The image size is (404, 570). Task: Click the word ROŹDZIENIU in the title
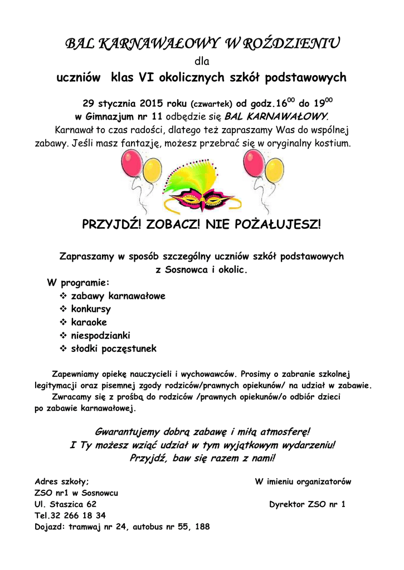pyautogui.click(x=291, y=43)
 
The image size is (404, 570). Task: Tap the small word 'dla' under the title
pyautogui.click(x=202, y=61)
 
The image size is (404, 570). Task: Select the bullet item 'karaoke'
pyautogui.click(x=89, y=322)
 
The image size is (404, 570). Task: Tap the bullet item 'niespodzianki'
pyautogui.click(x=100, y=336)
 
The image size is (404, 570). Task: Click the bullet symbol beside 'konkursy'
pyautogui.click(x=63, y=309)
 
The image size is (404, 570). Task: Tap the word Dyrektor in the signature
pyautogui.click(x=287, y=504)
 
